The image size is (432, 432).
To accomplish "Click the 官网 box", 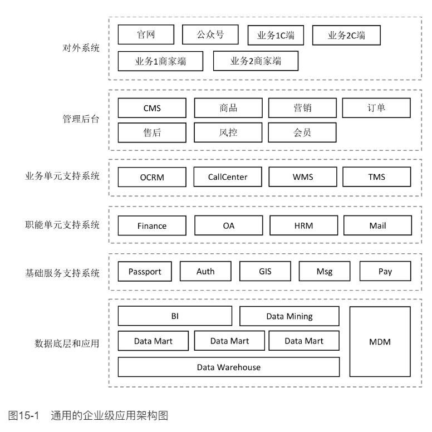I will tap(146, 35).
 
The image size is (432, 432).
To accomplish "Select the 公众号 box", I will tap(210, 35).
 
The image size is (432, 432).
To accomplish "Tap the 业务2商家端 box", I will tap(256, 61).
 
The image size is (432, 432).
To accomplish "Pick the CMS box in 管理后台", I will tap(152, 108).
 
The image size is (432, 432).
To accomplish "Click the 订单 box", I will tap(376, 108).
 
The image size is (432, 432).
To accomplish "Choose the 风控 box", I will tap(228, 132).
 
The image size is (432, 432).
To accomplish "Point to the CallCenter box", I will tap(228, 178).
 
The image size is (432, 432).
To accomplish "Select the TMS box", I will tap(376, 178).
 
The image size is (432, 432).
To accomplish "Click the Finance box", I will tap(152, 225).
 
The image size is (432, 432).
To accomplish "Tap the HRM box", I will tap(303, 225).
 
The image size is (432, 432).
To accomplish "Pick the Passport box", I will tap(145, 272).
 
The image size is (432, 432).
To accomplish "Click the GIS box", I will tap(265, 272).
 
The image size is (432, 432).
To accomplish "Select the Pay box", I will tap(385, 272).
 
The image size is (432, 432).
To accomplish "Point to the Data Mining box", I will tap(289, 316).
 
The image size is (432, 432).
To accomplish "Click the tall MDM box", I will tap(380, 341).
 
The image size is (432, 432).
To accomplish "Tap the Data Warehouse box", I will tap(229, 367).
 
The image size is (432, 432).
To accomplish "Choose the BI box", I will tap(175, 316).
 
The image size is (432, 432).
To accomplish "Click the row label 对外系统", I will tap(81, 48).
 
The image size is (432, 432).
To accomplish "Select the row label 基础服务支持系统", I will tap(62, 273).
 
